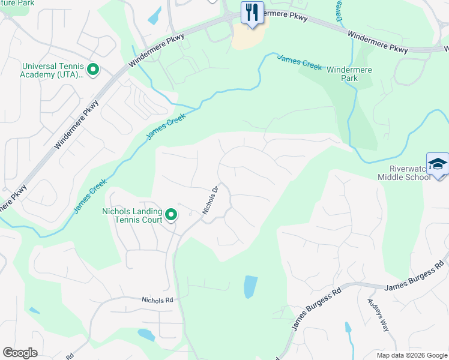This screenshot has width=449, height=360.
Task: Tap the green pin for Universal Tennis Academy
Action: tap(93, 70)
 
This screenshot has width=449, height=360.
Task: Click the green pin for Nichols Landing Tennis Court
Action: tap(171, 214)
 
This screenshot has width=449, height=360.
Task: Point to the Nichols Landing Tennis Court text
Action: tap(132, 215)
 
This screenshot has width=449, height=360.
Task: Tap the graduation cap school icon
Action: tap(438, 164)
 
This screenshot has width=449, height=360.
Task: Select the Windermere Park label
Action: tap(349, 74)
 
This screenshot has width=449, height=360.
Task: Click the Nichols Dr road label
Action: tap(209, 200)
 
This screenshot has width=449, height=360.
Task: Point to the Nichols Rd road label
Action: tap(157, 299)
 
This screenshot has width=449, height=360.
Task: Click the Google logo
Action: tap(20, 353)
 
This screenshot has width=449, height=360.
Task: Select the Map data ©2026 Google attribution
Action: tap(411, 355)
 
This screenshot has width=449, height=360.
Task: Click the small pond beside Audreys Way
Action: tap(348, 328)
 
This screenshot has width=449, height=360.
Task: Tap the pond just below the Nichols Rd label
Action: tap(146, 334)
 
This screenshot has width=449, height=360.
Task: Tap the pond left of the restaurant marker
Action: tap(154, 16)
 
